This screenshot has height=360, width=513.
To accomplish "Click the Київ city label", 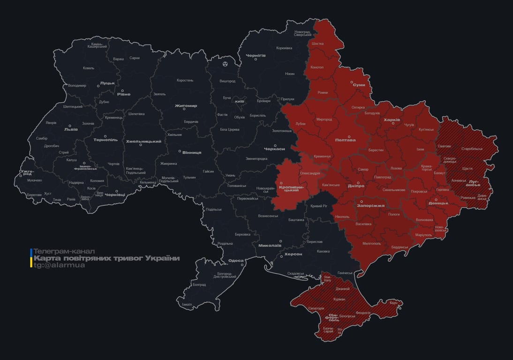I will click(239, 101).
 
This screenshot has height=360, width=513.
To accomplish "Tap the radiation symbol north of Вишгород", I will click(226, 63).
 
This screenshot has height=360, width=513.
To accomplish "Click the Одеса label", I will click(236, 261).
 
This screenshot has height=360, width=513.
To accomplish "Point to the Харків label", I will click(392, 120).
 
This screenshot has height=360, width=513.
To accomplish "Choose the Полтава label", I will click(345, 140).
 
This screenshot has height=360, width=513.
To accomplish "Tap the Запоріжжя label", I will click(371, 205).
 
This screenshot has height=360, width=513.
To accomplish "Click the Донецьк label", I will click(438, 203).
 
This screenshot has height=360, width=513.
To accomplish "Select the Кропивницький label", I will click(292, 189).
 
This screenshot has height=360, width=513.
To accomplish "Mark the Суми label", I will click(359, 85).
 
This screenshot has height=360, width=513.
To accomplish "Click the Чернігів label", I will click(256, 55).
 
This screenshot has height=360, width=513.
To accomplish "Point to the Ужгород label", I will click(27, 173).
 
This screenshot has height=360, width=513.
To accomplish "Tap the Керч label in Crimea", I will click(393, 303).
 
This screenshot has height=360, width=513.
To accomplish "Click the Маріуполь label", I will click(423, 234).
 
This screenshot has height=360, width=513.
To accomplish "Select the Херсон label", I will click(293, 254).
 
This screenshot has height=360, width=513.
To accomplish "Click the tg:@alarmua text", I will click(59, 265).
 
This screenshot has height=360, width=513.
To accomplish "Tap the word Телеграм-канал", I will click(64, 251).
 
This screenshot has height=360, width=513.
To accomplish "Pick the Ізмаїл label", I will click(187, 304).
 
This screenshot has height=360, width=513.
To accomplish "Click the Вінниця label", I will click(192, 152).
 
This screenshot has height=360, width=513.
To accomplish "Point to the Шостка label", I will click(317, 44).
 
